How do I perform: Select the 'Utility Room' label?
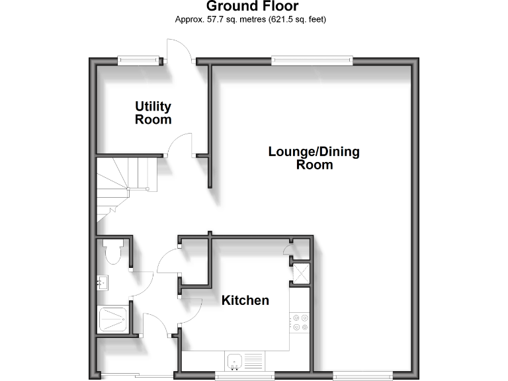click(x=153, y=113)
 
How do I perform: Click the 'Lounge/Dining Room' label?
click(x=314, y=158)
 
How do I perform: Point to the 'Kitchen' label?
click(x=245, y=300)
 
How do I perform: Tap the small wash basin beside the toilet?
click(x=102, y=284)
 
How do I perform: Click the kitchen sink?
click(x=235, y=361)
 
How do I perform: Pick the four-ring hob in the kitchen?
click(x=300, y=321)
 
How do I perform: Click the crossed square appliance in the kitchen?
click(x=301, y=273)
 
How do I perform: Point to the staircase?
click(x=122, y=185)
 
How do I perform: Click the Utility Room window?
click(x=139, y=61)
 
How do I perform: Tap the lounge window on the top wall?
click(x=312, y=61)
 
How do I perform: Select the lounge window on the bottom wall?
click(x=357, y=377)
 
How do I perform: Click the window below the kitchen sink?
click(x=245, y=377)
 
